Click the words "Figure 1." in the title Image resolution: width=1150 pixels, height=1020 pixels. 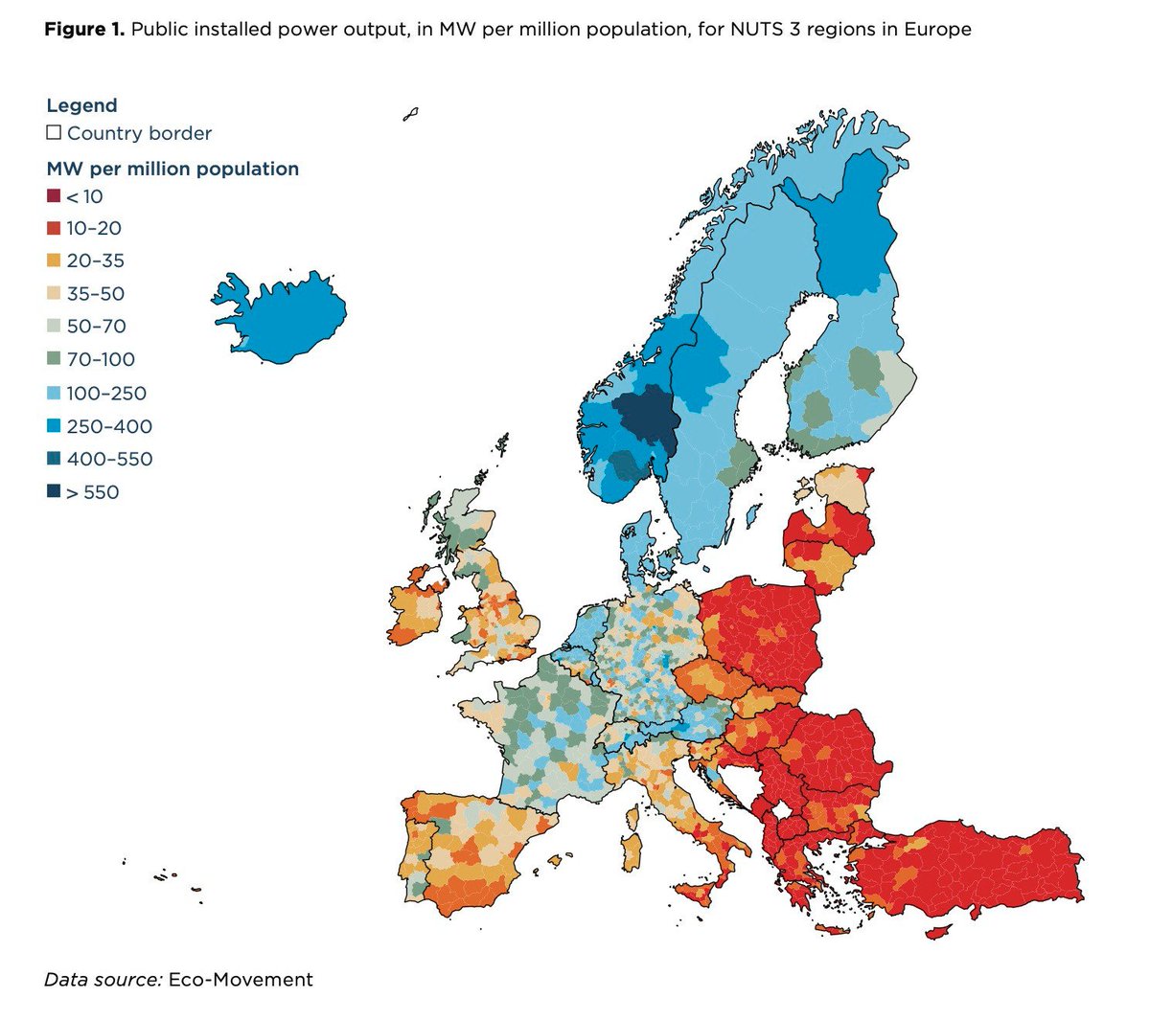tap(84, 30)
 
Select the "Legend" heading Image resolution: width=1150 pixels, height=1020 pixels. tap(81, 105)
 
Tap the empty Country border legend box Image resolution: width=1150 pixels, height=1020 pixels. tap(54, 132)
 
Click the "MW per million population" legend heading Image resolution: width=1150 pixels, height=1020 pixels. tap(172, 169)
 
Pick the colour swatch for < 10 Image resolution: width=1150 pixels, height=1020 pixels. tap(54, 196)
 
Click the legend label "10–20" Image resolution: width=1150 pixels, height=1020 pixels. tap(94, 228)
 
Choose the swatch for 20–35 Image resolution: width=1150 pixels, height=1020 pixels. tap(54, 261)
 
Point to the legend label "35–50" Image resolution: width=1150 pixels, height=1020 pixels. tap(95, 294)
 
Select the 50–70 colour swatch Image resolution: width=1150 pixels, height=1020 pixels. tap(54, 326)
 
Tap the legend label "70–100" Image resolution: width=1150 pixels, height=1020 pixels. tap(101, 359)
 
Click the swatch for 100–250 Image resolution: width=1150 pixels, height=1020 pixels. tap(54, 393)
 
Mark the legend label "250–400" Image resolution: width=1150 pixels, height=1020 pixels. tap(109, 426)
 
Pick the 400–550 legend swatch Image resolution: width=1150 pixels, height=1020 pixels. tap(54, 459)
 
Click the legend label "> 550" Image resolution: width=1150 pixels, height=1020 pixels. tap(92, 492)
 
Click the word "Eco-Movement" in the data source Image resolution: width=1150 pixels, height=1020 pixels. tap(241, 979)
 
